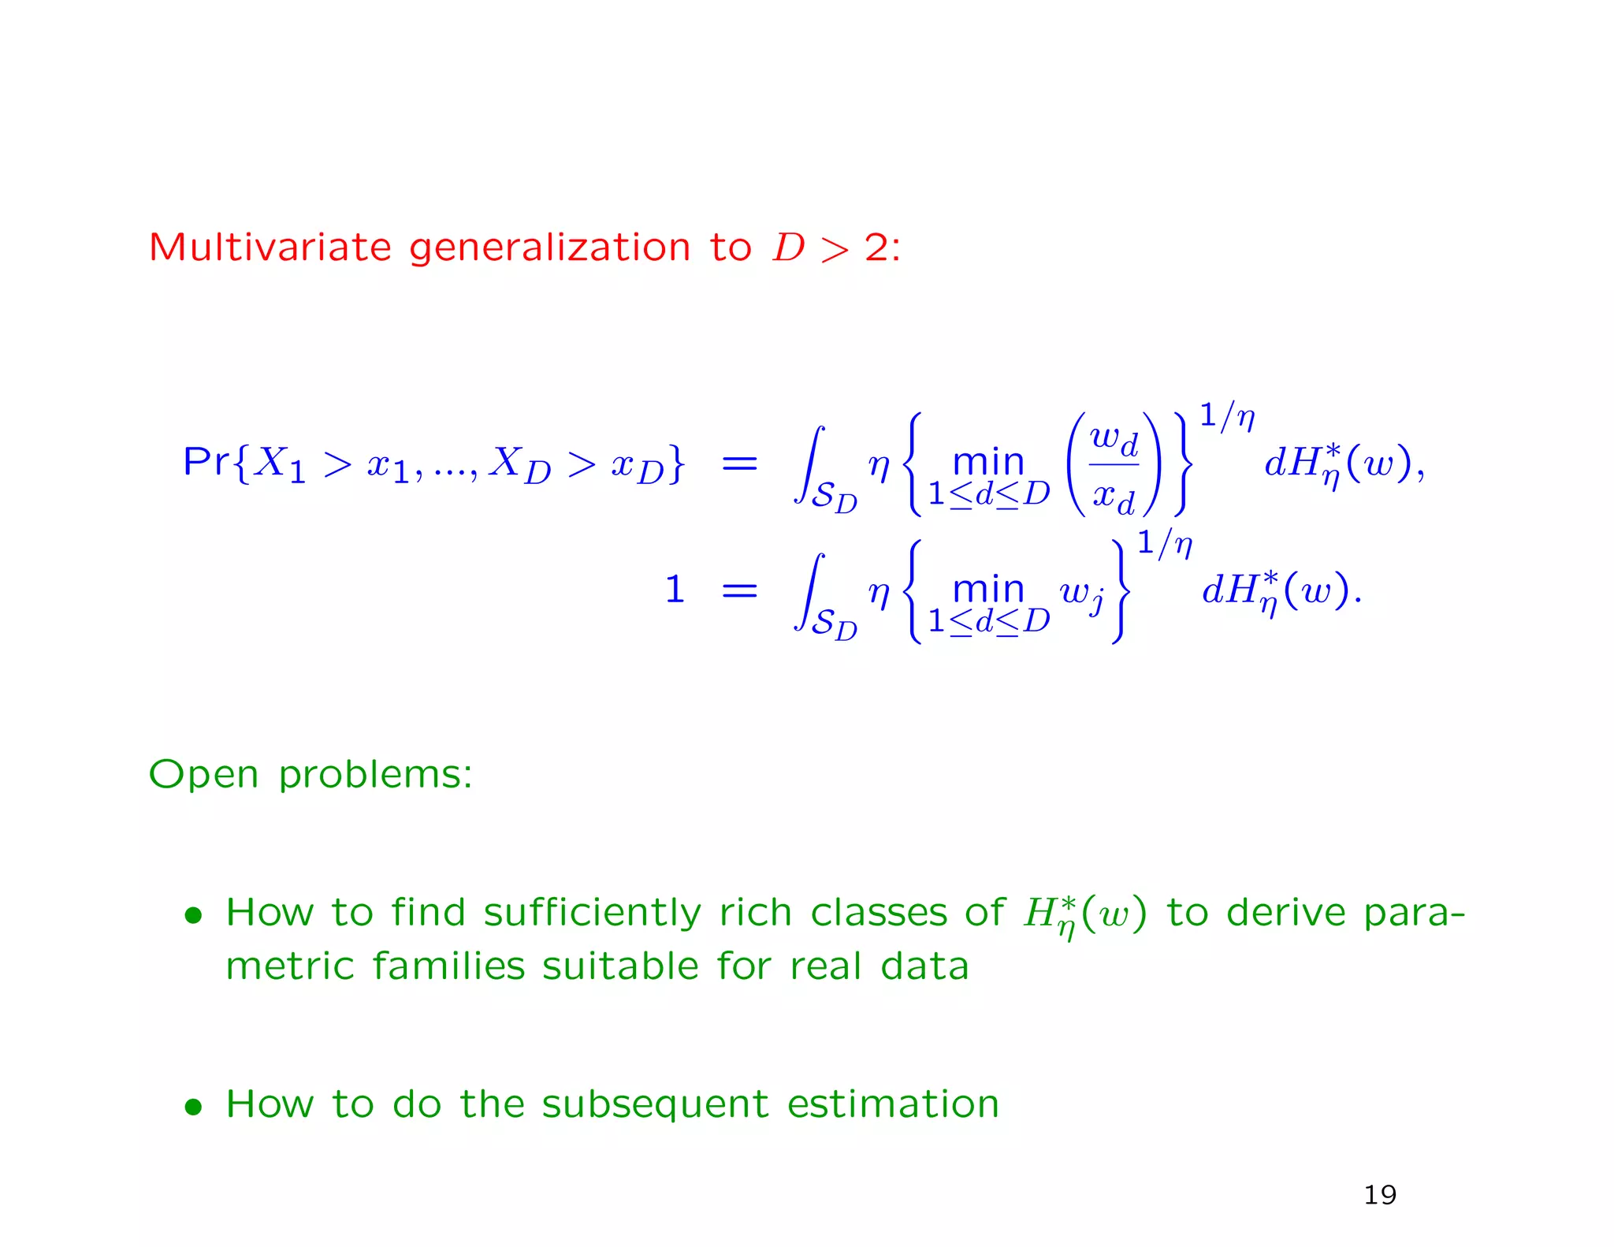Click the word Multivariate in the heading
coord(270,248)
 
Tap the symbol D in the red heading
coord(788,248)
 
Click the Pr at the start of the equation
coord(206,461)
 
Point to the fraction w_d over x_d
coord(1114,466)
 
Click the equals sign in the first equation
coord(739,463)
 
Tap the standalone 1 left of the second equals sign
coord(675,590)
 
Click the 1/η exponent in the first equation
coord(1226,415)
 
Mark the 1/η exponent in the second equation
coord(1164,543)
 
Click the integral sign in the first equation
coord(809,465)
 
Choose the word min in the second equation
coord(988,589)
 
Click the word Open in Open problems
coord(203,775)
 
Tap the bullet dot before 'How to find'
coord(193,915)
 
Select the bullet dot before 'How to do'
coord(193,1107)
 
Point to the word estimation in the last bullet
coord(893,1104)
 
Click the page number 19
coord(1380,1195)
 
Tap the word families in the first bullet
coord(448,966)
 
